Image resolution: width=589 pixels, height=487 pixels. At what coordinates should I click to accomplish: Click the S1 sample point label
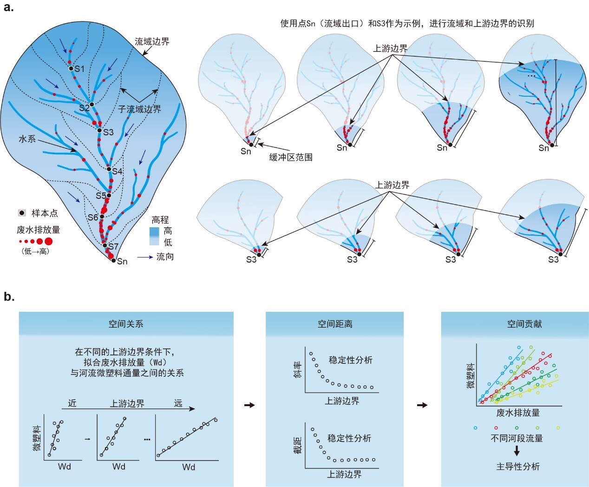click(x=80, y=69)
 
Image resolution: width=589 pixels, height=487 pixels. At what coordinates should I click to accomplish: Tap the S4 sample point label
click(x=117, y=171)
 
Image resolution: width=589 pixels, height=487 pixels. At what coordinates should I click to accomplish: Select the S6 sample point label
click(x=93, y=217)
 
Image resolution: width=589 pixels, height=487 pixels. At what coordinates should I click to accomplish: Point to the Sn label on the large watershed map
click(x=122, y=262)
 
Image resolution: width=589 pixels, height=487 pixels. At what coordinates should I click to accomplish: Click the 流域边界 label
click(x=152, y=41)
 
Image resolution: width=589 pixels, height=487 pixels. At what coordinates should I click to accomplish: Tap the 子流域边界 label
click(x=139, y=109)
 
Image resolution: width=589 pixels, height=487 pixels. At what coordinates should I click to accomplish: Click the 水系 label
click(x=27, y=138)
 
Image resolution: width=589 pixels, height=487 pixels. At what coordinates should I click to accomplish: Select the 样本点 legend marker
click(x=22, y=213)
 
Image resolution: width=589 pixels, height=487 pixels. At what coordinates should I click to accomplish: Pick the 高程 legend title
click(x=160, y=220)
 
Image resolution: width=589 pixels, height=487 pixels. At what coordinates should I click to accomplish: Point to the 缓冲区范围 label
click(x=291, y=157)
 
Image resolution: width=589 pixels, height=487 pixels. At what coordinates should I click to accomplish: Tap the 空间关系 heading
click(x=126, y=324)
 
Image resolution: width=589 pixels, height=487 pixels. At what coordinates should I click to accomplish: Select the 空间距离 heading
click(x=335, y=324)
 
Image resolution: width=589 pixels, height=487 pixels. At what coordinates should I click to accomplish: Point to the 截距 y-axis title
click(x=298, y=445)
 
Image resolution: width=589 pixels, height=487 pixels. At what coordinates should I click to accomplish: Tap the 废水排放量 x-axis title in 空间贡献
click(x=518, y=413)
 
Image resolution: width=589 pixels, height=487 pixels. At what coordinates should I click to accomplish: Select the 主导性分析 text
click(x=518, y=466)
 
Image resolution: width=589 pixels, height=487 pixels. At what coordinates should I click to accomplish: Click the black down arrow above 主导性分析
click(x=517, y=451)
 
